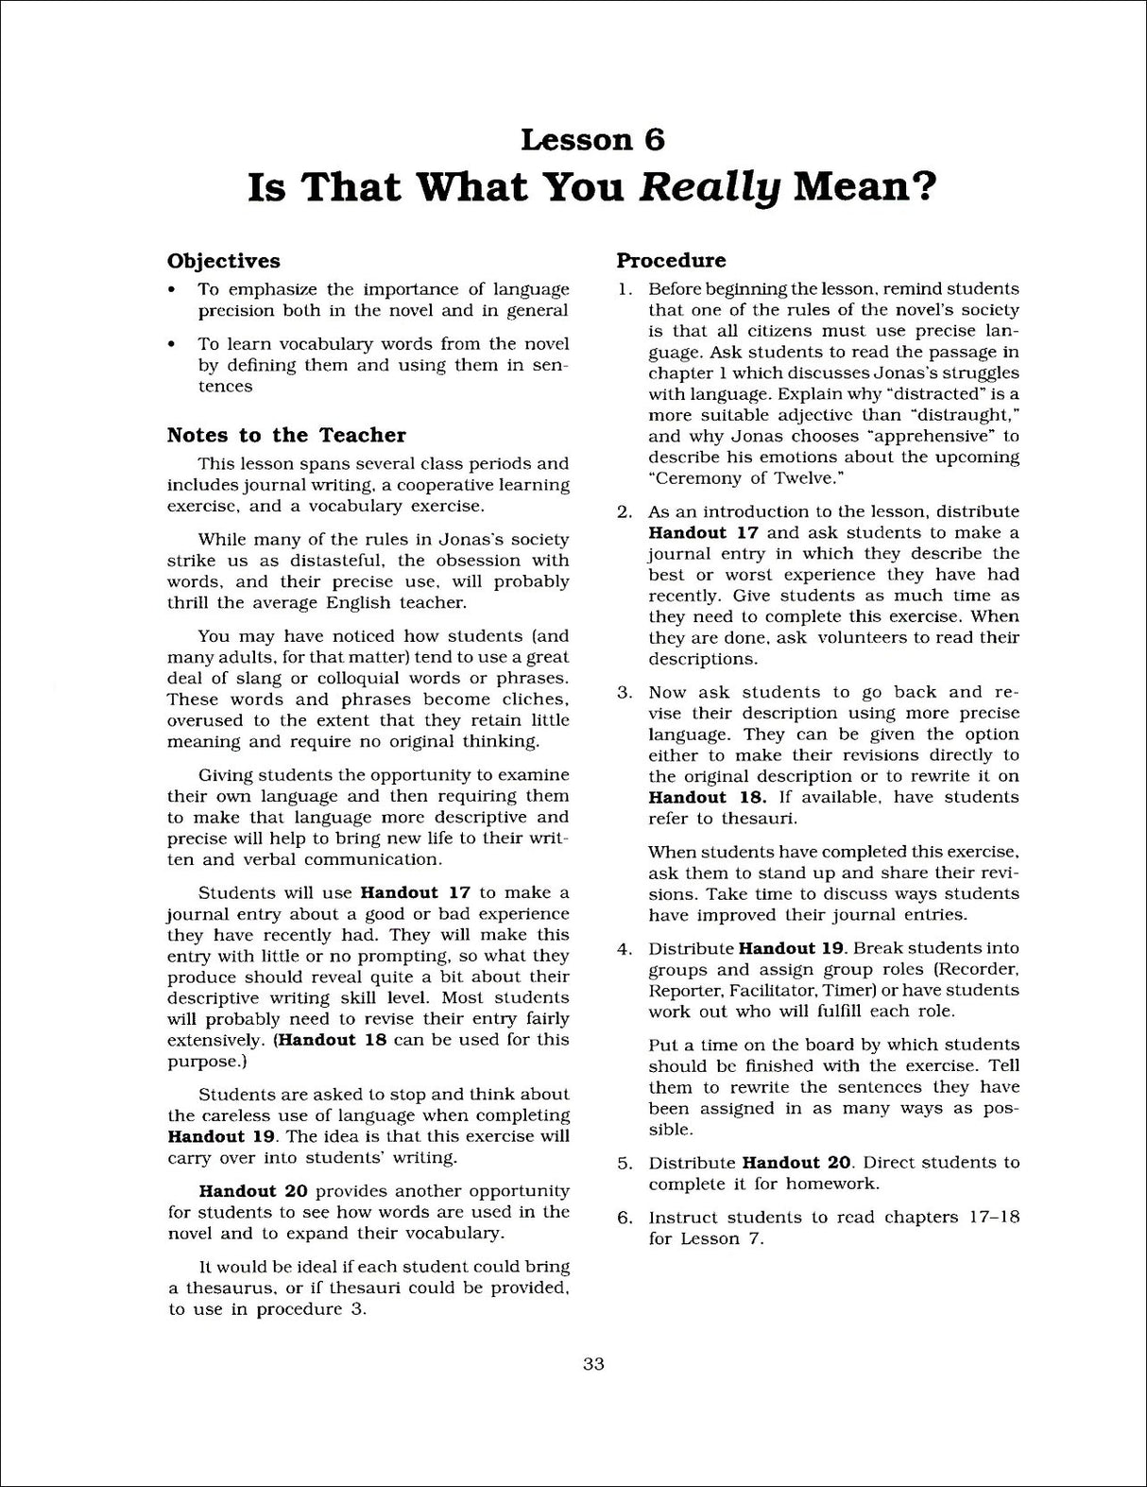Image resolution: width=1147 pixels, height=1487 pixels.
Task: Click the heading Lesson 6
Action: [x=592, y=140]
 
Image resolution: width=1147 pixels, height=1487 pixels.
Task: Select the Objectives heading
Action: [x=224, y=261]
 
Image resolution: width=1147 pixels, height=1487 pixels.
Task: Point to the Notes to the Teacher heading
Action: [x=286, y=435]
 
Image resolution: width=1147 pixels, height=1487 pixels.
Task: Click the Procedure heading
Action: [x=672, y=260]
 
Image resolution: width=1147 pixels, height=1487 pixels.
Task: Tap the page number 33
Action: [x=593, y=1363]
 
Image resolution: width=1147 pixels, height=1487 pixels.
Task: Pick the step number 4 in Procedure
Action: [x=624, y=949]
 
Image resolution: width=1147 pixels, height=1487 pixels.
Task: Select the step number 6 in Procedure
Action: [x=624, y=1218]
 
